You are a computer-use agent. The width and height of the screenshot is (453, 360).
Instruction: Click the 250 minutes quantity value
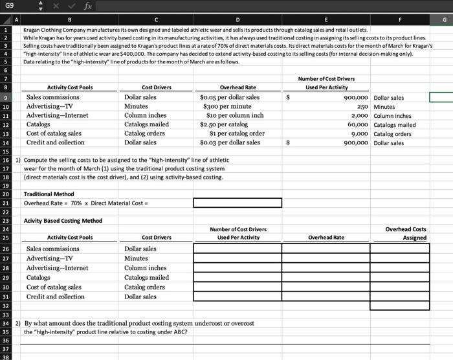click(x=362, y=106)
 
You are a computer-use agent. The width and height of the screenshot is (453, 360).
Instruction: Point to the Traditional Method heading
click(x=49, y=194)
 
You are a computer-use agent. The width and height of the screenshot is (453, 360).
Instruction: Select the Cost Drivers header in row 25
click(x=156, y=238)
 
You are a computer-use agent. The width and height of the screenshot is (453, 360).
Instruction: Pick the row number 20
click(x=5, y=194)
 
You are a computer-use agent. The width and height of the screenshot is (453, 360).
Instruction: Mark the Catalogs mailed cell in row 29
click(x=146, y=277)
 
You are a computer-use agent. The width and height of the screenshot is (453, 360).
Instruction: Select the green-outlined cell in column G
click(x=441, y=98)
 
